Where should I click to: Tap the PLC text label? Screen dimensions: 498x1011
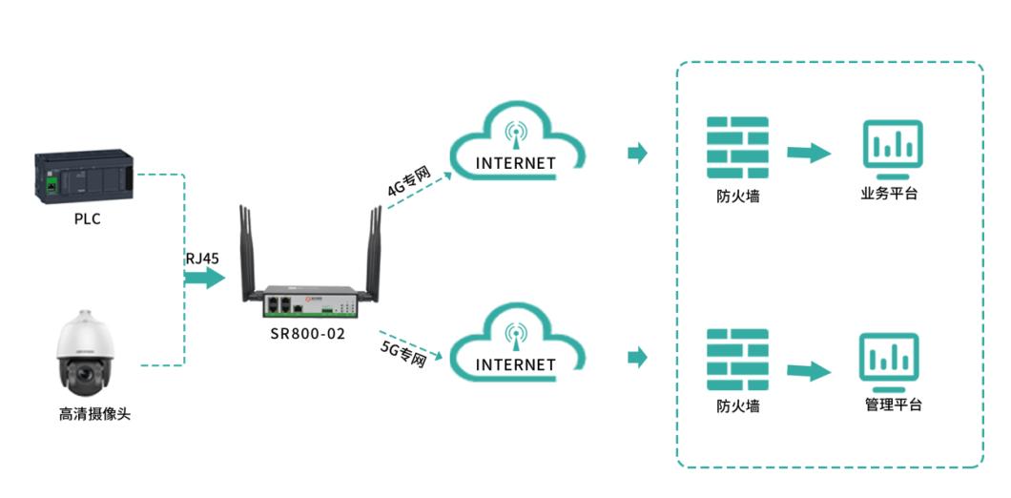point(87,218)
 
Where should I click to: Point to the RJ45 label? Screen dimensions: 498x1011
point(203,257)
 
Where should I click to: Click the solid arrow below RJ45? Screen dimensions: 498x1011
point(204,278)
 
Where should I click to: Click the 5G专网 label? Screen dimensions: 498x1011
point(402,355)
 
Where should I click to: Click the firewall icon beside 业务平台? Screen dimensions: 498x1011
point(737,147)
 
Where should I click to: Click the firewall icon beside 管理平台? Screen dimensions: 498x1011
point(737,360)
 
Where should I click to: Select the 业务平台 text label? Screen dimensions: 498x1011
point(889,195)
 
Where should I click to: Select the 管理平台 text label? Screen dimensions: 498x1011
point(893,405)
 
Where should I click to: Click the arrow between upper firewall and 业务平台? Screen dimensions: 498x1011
point(809,153)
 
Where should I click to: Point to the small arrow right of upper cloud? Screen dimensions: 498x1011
point(637,153)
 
